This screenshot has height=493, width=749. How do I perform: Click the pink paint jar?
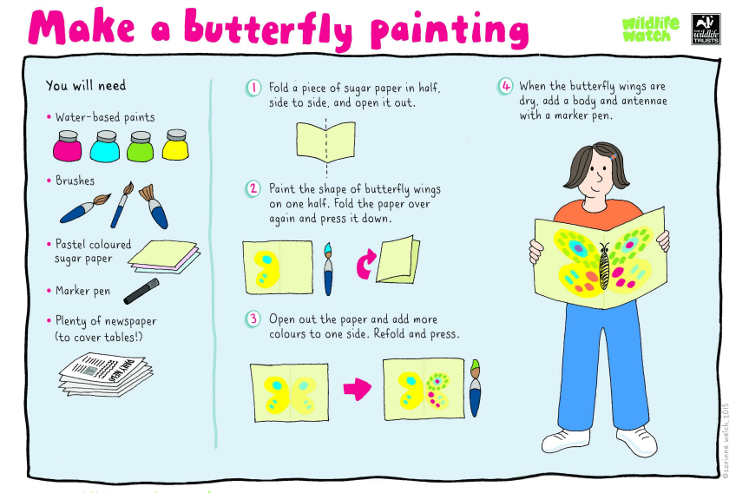coord(68,146)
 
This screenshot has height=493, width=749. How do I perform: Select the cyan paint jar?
coord(105,147)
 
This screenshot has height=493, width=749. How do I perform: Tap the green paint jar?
coord(141,146)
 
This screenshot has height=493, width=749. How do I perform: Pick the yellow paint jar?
coord(175,144)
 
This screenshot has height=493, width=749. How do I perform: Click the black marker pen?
coord(141,292)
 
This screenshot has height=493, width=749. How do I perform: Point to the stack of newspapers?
coord(106,375)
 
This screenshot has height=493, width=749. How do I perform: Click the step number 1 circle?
coord(253,88)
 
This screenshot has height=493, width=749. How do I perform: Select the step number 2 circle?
coord(253,188)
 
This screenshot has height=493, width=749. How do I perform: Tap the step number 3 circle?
coord(253,319)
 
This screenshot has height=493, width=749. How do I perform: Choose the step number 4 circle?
coord(505,87)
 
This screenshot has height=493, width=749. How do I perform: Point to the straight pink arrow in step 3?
coord(358,388)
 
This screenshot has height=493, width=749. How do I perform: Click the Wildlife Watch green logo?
coord(650,30)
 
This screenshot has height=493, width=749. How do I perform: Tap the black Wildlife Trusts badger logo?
coord(706,30)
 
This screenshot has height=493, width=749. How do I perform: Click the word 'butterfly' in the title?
coord(269,28)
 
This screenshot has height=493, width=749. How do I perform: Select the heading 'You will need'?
coord(86,86)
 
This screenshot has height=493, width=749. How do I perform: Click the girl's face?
coord(595,176)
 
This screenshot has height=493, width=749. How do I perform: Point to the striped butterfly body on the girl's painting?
coord(604,268)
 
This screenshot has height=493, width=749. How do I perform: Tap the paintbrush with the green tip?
coord(475,388)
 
